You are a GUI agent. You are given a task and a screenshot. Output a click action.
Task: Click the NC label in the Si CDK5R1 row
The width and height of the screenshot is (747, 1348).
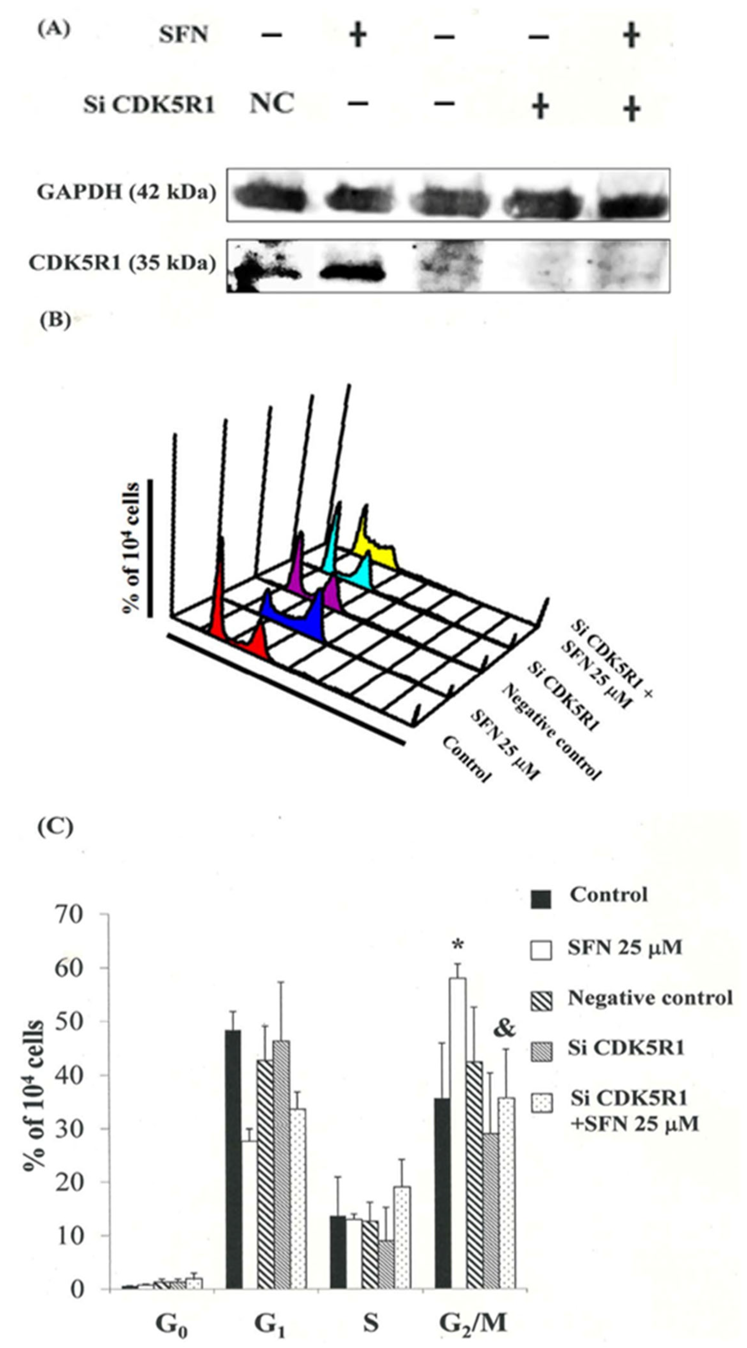[x=272, y=104]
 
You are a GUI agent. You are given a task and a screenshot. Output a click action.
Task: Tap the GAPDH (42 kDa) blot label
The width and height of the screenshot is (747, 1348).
[x=126, y=193]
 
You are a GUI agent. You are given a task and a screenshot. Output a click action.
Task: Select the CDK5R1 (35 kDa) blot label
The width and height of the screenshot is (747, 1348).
[x=122, y=263]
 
